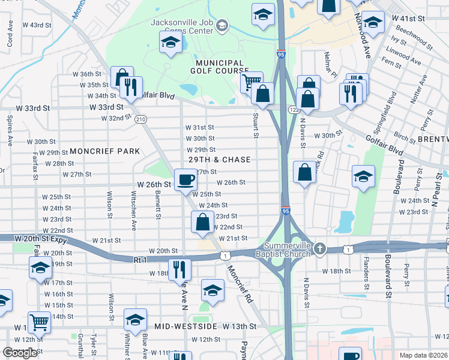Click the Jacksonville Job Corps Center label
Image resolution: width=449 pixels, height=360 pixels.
click(182, 25)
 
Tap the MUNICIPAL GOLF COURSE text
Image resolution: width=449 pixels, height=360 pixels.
click(218, 67)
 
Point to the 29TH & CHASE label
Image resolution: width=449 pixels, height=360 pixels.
click(219, 160)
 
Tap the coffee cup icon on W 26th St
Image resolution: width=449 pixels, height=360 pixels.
click(185, 179)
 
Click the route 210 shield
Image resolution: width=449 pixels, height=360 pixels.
click(140, 119)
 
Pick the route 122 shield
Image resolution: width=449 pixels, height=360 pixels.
click(294, 110)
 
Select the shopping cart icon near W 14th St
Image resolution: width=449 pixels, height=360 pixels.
click(39, 322)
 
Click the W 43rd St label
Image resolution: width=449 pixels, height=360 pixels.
click(40, 25)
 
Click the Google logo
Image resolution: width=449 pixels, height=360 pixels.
click(20, 353)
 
